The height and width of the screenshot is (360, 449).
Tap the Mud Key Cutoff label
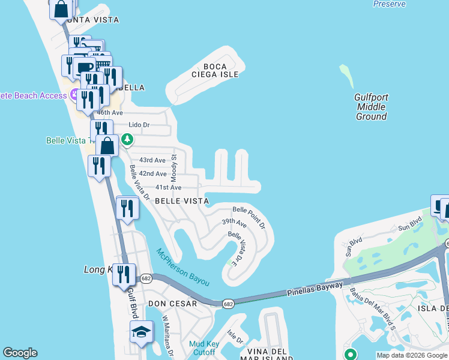coord(202,348)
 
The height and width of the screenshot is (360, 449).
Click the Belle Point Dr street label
coord(249,217)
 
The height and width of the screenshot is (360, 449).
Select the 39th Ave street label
coord(234,223)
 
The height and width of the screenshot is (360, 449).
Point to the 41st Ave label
coord(168,188)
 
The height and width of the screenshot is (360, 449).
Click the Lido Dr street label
coord(139,125)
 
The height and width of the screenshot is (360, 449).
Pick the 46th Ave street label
coord(110,113)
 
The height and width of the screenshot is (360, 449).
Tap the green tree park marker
coord(127,139)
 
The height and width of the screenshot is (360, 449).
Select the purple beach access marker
coord(74,95)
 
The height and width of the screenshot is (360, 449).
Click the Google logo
coord(20,353)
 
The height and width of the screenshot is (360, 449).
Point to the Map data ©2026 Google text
coord(412,355)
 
